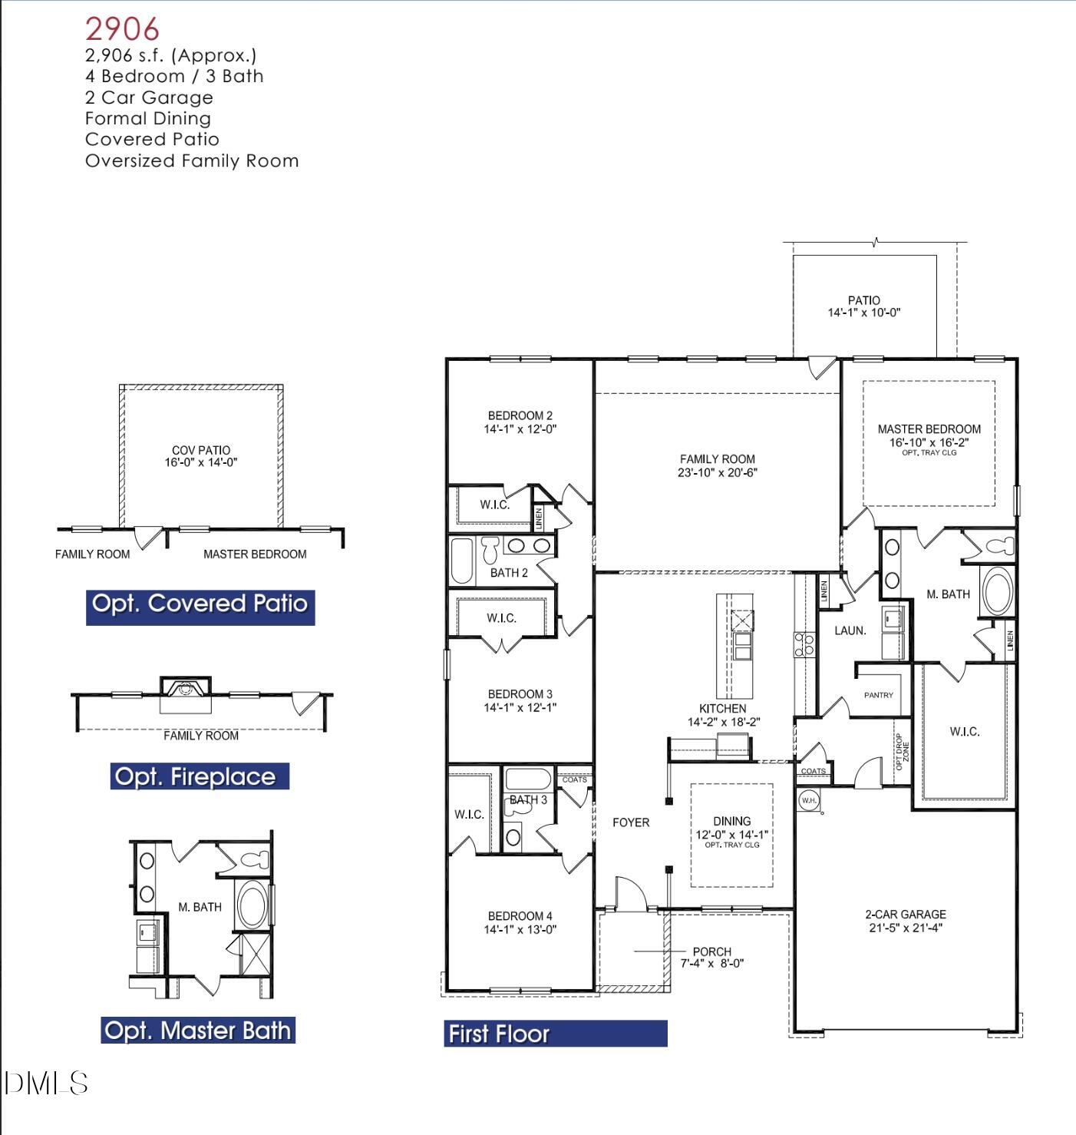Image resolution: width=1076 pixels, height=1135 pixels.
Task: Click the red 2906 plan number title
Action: click(x=122, y=29)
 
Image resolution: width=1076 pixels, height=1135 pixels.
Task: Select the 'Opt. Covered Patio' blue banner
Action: click(x=200, y=604)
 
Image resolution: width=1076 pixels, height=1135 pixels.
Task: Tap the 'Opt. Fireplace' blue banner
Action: click(x=199, y=776)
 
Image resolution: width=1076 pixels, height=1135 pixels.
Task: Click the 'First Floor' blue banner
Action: click(x=555, y=1034)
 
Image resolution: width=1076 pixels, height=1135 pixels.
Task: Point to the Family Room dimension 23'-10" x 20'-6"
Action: click(x=717, y=473)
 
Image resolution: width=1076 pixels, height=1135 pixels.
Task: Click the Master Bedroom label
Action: click(x=929, y=429)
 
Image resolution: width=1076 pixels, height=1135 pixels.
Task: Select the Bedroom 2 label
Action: click(x=520, y=415)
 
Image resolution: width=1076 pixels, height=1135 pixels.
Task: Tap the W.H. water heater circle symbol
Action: click(x=809, y=800)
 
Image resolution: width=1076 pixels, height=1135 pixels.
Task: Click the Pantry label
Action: click(x=878, y=695)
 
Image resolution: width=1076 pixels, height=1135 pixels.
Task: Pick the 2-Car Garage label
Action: click(x=905, y=914)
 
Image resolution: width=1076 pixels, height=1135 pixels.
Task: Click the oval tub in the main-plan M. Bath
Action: click(x=998, y=591)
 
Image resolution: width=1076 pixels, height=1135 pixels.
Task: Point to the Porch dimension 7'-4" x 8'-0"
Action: click(x=711, y=964)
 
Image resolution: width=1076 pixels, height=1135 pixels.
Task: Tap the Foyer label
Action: click(x=631, y=822)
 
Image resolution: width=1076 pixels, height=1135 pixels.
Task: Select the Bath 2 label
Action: click(x=509, y=573)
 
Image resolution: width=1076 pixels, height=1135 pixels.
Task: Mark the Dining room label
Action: click(x=731, y=821)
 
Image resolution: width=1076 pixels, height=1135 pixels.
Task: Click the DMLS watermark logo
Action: click(x=46, y=1084)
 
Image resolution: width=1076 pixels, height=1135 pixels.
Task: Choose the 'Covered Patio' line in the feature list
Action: click(x=152, y=140)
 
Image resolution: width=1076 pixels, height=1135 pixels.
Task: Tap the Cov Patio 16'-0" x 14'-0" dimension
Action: click(x=200, y=462)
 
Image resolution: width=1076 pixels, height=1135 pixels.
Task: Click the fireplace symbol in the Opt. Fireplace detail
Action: click(x=184, y=689)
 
